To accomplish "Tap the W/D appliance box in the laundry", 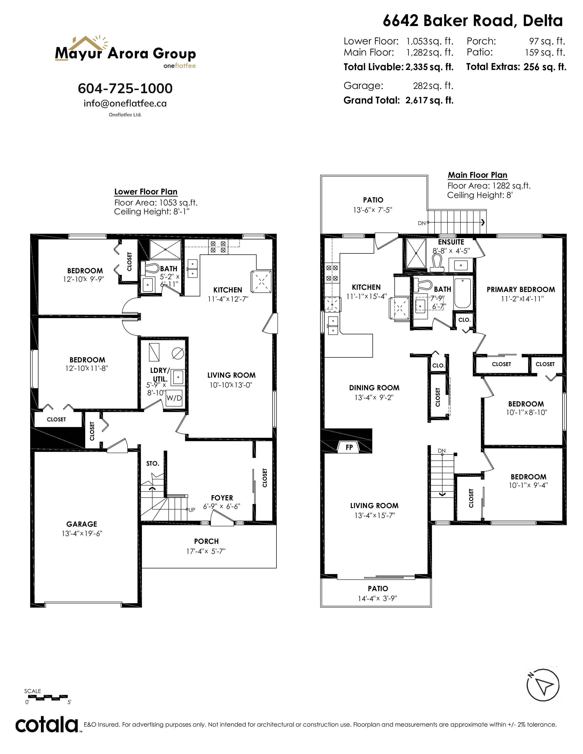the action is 174,398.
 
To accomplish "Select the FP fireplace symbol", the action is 349,447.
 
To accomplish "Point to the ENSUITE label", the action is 451,242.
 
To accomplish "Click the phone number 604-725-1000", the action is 125,88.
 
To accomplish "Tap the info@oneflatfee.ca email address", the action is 125,103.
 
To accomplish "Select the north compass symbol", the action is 543,685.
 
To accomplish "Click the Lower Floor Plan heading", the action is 146,192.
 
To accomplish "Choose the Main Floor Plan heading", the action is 478,175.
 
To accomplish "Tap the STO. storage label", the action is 153,463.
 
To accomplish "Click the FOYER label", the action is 222,498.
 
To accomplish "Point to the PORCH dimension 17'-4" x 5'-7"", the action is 206,551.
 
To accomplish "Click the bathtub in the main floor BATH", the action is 463,293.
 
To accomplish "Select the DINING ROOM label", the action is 374,388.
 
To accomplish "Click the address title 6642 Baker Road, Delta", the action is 473,21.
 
